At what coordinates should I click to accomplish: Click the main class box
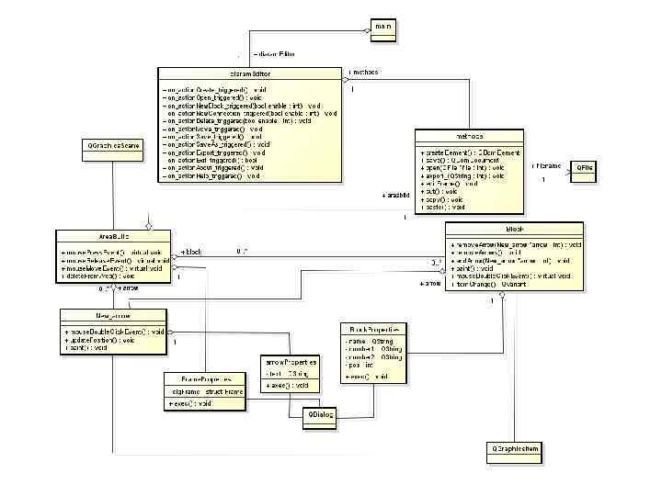(383, 27)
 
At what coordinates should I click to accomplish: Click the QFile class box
(585, 167)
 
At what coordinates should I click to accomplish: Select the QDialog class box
(321, 416)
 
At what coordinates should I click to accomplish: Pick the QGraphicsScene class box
(113, 146)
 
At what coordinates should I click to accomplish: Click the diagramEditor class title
(249, 73)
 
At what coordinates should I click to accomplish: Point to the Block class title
(514, 228)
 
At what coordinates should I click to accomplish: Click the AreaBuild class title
(114, 236)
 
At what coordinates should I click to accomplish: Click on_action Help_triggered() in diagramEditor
(213, 175)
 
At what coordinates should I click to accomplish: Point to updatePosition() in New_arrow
(102, 340)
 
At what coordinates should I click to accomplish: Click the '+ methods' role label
(363, 72)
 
